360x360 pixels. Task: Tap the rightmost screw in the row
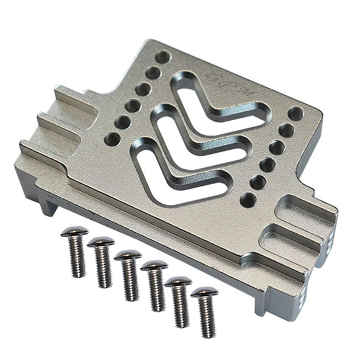[205, 311]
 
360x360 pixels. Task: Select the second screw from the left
[101, 262]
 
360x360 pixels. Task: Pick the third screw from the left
[128, 275]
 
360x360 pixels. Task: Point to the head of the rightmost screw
[204, 292]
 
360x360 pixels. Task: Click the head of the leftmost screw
[75, 232]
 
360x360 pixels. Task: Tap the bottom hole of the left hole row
[112, 139]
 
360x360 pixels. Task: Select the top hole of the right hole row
[295, 114]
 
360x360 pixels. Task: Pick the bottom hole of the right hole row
[249, 200]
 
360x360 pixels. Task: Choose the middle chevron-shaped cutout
[195, 133]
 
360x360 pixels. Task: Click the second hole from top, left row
[153, 73]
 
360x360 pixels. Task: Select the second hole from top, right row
[286, 130]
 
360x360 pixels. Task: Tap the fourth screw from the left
[155, 287]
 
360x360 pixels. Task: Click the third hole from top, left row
[143, 89]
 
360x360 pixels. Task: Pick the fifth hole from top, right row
[258, 182]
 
